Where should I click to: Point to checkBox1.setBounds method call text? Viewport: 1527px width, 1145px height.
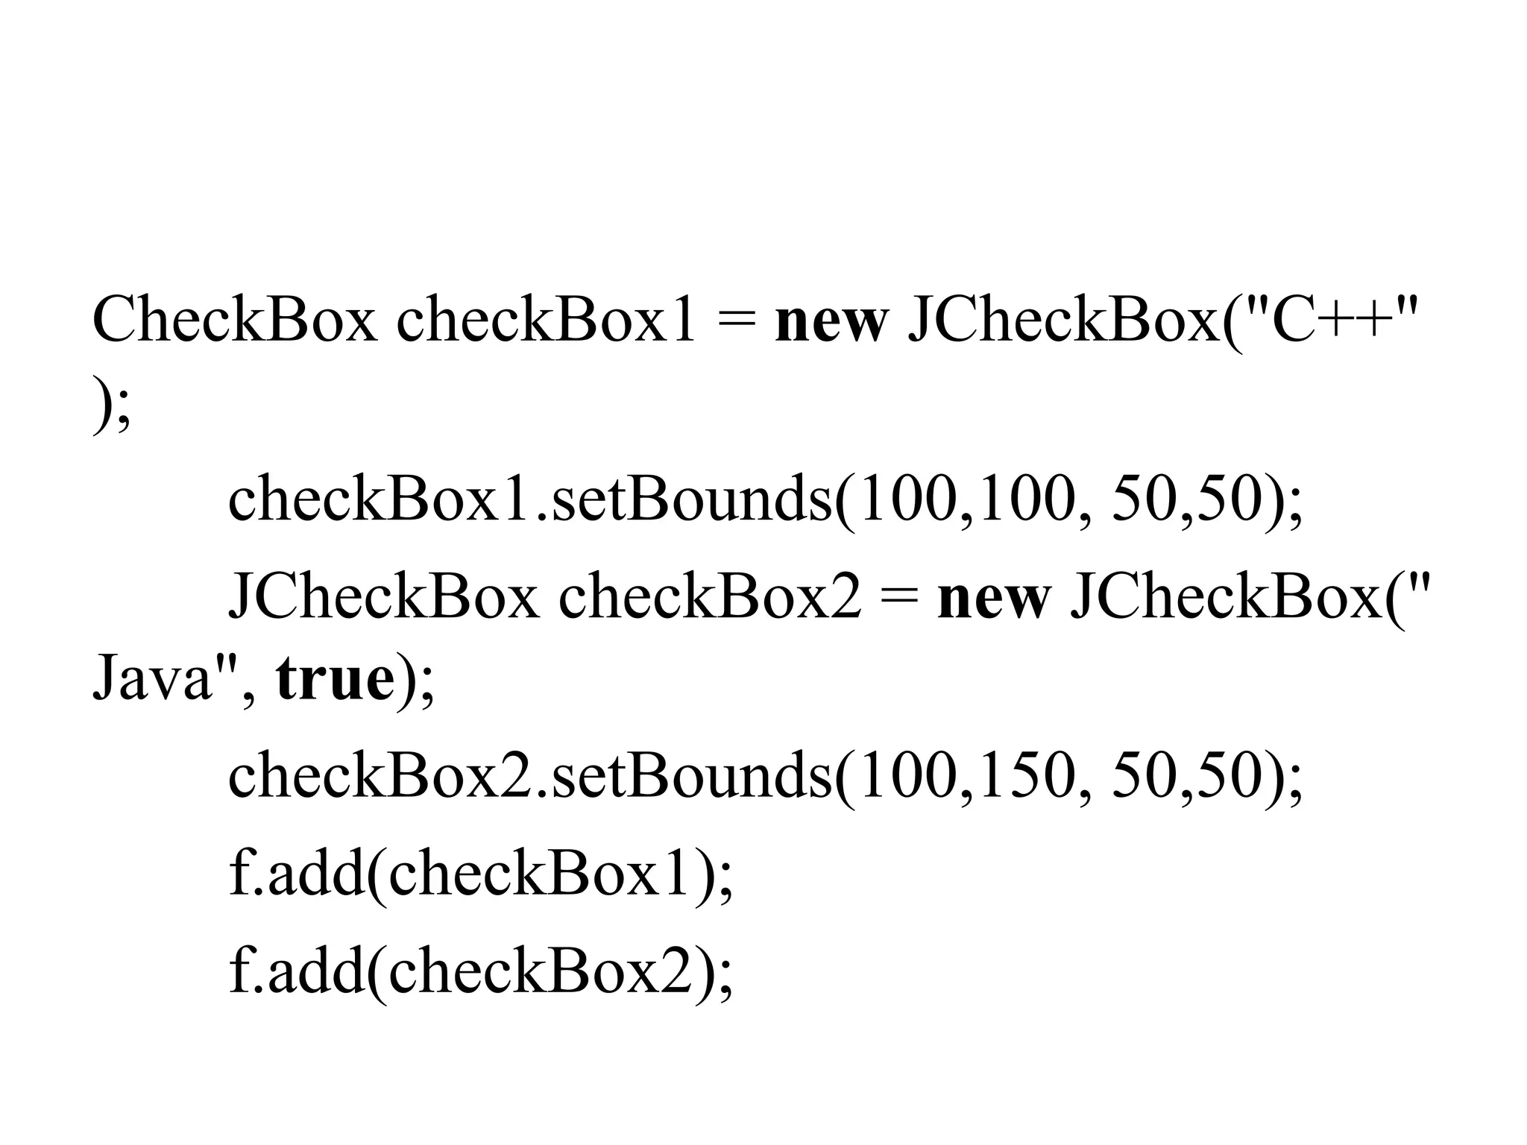pyautogui.click(x=529, y=499)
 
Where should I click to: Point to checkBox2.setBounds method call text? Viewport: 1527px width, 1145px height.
pyautogui.click(x=529, y=775)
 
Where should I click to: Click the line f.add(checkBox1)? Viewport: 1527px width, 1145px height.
pyautogui.click(x=481, y=874)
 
